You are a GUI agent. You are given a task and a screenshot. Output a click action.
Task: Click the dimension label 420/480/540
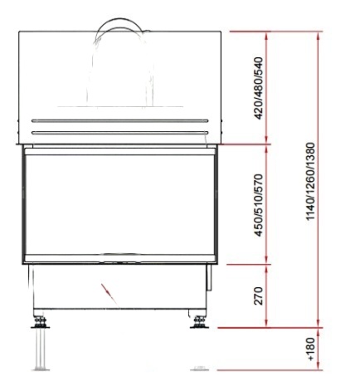[258, 88]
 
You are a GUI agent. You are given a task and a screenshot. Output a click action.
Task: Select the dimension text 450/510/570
[258, 205]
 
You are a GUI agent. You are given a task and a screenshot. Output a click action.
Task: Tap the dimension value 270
[258, 296]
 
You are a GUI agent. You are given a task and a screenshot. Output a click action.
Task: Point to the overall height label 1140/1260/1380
[310, 181]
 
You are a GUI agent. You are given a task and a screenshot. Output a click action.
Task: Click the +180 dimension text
[310, 349]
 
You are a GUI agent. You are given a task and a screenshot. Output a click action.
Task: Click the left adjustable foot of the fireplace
[41, 322]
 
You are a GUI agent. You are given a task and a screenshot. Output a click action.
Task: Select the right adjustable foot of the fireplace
[199, 322]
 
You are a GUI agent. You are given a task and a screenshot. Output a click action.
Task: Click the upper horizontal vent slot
[119, 121]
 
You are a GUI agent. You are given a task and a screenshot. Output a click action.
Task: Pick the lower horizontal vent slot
[119, 133]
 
